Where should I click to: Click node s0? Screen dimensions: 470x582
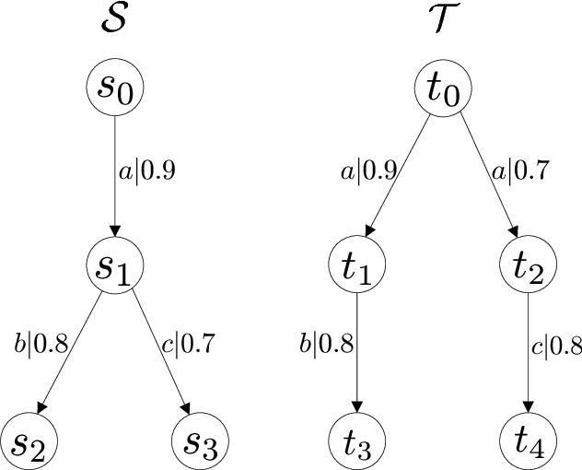pyautogui.click(x=115, y=89)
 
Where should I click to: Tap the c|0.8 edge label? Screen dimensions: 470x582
pyautogui.click(x=556, y=350)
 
